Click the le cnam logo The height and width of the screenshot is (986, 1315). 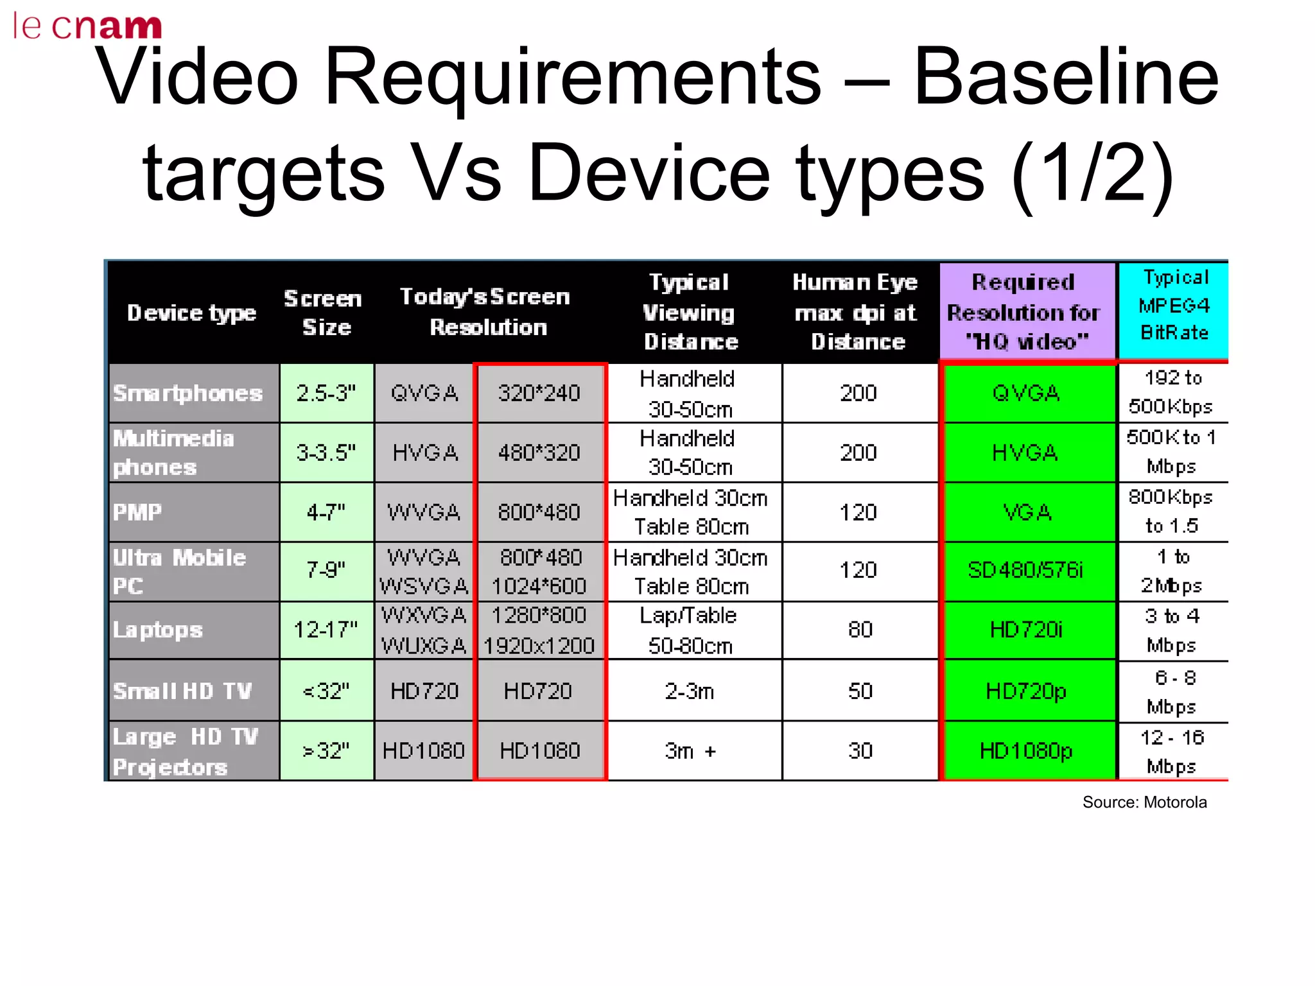pyautogui.click(x=87, y=26)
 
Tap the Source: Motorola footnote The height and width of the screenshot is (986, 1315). pyautogui.click(x=1144, y=802)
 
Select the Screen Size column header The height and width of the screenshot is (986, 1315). pyautogui.click(x=325, y=313)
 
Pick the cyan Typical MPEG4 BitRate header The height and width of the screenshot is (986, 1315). pyautogui.click(x=1174, y=306)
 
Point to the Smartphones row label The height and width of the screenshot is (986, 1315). pyautogui.click(x=188, y=393)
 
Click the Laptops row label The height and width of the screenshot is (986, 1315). pyautogui.click(x=158, y=630)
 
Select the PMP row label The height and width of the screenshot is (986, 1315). pyautogui.click(x=137, y=512)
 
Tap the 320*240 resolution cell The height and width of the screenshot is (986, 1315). pyautogui.click(x=539, y=393)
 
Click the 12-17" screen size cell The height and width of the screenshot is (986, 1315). pyautogui.click(x=326, y=630)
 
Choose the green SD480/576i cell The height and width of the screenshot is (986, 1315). pyautogui.click(x=1026, y=570)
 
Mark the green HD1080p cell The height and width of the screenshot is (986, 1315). pyautogui.click(x=1026, y=750)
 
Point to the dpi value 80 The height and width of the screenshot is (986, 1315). pyautogui.click(x=860, y=630)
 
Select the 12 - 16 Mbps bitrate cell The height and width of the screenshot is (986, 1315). pyautogui.click(x=1172, y=751)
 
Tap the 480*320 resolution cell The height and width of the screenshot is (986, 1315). pyautogui.click(x=539, y=453)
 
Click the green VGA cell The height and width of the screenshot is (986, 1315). pyautogui.click(x=1026, y=512)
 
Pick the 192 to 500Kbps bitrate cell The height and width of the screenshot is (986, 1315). pyautogui.click(x=1172, y=392)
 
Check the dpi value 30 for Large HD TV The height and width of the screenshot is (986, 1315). pyautogui.click(x=860, y=750)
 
